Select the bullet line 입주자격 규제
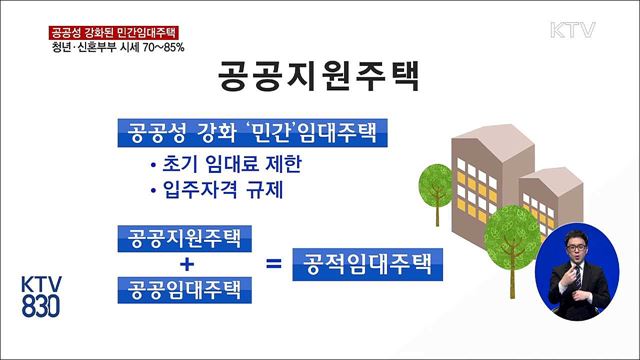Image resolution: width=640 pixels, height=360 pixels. pyautogui.click(x=212, y=188)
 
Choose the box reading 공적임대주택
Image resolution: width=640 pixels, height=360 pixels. pyautogui.click(x=366, y=265)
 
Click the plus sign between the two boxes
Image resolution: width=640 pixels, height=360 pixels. pyautogui.click(x=184, y=265)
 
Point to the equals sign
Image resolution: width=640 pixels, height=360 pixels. pyautogui.click(x=273, y=265)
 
